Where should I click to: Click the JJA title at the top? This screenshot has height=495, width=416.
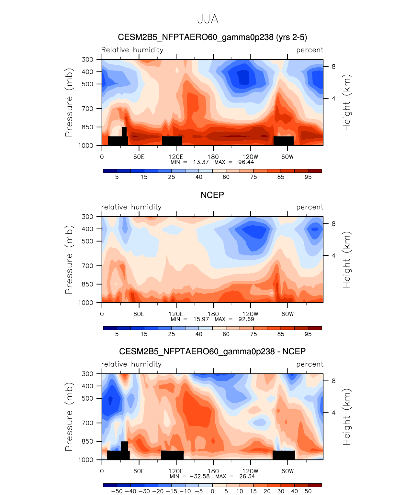click(x=208, y=19)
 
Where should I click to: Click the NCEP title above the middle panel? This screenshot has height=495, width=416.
click(x=212, y=195)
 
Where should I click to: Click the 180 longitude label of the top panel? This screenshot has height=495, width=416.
click(x=213, y=157)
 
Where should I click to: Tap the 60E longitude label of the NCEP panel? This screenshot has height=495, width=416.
click(x=139, y=314)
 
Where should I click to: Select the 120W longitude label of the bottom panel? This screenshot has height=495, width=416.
click(x=250, y=471)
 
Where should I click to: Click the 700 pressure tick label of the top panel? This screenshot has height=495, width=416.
click(x=87, y=109)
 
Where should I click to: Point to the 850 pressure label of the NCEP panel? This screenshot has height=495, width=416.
click(x=87, y=284)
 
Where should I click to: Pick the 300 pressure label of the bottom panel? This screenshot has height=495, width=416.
click(x=87, y=374)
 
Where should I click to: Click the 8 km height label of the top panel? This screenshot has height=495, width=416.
click(x=333, y=67)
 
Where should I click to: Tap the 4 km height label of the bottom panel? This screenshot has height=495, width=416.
click(x=333, y=413)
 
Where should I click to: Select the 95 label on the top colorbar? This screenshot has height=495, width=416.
click(x=308, y=177)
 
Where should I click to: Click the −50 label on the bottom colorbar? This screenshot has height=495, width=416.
click(x=117, y=491)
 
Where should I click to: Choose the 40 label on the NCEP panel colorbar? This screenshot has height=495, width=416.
click(x=199, y=334)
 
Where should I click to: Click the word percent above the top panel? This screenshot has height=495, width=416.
click(x=309, y=50)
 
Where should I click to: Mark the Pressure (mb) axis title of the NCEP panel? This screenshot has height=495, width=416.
click(x=69, y=259)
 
